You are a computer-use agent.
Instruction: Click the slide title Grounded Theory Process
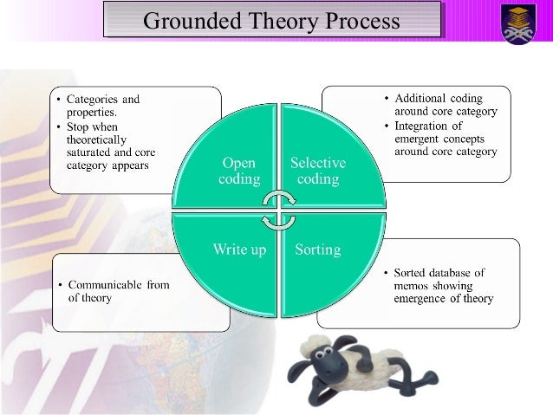coord(271,20)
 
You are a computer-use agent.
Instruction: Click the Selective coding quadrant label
coord(317,170)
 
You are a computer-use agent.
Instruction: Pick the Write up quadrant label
coord(240,250)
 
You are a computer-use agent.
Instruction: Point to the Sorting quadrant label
coord(317,250)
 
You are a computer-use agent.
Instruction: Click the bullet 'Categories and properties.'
coord(103,106)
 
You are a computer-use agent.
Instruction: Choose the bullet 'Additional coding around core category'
coord(439,104)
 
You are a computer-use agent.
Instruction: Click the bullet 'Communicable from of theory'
coord(118,290)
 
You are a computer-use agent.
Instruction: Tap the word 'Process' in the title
coord(362,20)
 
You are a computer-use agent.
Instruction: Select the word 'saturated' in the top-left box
coord(92,152)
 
